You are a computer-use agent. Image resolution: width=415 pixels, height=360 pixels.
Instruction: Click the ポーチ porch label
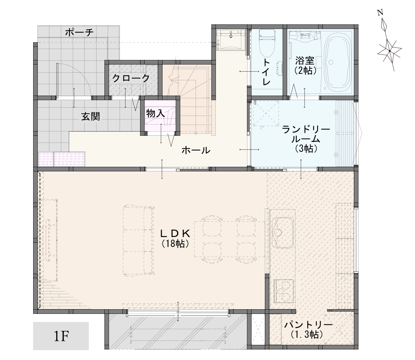79,32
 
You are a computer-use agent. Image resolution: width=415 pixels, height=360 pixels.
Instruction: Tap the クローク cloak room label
131,78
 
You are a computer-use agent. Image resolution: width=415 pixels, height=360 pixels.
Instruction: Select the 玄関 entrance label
90,116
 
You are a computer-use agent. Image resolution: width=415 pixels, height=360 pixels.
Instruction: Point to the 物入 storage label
155,113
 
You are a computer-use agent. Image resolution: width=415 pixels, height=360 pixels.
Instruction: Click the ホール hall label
196,150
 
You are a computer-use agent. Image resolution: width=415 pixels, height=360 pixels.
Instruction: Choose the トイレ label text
267,72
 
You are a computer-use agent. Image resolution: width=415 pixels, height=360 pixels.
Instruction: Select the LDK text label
175,233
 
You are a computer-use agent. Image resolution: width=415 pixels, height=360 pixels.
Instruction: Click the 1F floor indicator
61,336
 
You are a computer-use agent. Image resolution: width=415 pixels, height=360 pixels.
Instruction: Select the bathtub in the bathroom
336,62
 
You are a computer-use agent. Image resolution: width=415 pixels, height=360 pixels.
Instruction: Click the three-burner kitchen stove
284,292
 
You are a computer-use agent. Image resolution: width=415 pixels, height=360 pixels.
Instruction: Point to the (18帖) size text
175,244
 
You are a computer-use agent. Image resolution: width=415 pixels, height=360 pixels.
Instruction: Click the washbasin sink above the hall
230,40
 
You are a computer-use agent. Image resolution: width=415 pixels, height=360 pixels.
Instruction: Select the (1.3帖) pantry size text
307,334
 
